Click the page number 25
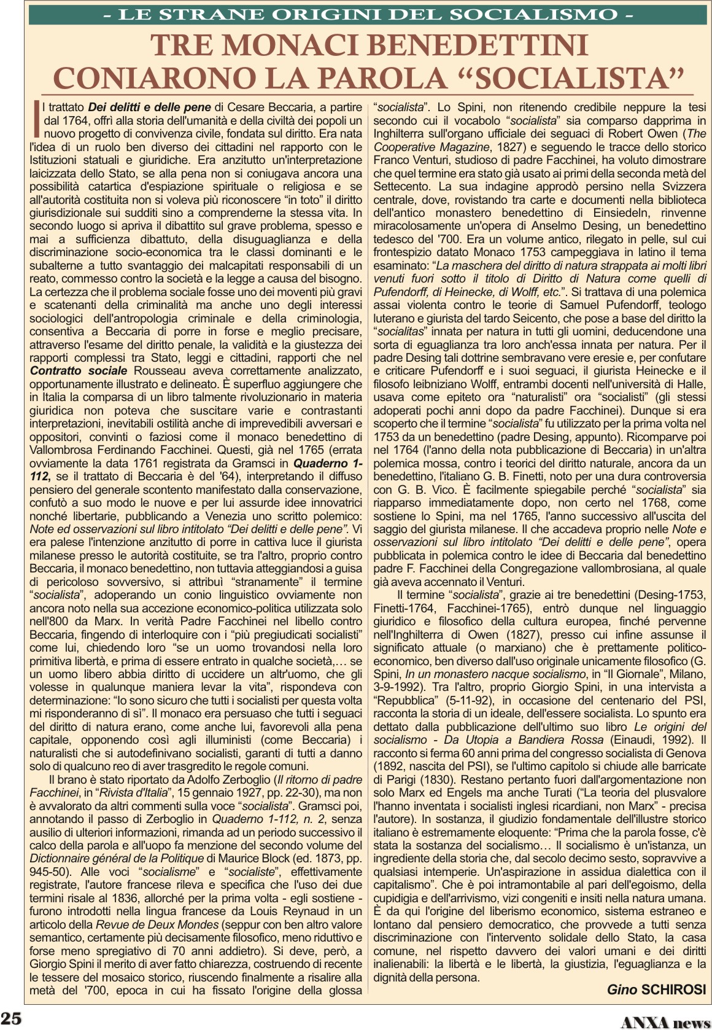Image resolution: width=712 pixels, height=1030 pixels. point(11,1017)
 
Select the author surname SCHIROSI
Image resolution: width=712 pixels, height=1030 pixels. point(673,989)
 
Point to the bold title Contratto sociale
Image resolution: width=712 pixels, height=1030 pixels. point(79,371)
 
